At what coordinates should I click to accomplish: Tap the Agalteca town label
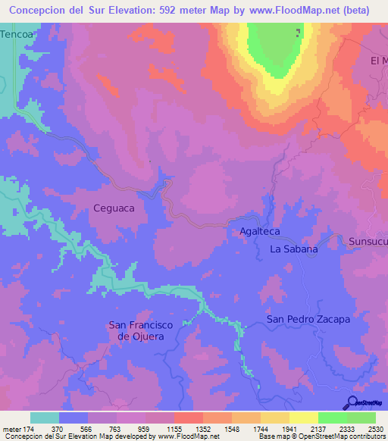[x=260, y=233]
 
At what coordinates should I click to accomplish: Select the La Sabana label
[x=294, y=249]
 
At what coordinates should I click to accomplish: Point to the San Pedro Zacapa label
[x=308, y=319]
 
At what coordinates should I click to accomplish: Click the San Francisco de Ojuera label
[x=141, y=330]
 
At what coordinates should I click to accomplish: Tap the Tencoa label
[x=17, y=35]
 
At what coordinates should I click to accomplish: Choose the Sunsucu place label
[x=368, y=242]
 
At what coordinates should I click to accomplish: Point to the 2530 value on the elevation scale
[x=375, y=428]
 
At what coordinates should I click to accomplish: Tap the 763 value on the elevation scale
[x=117, y=428]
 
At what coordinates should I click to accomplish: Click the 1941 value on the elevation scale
[x=289, y=428]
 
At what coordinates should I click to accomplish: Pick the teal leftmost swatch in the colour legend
[x=45, y=418]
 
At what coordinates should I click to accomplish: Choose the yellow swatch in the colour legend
[x=303, y=418]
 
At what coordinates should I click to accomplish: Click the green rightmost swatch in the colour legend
[x=361, y=418]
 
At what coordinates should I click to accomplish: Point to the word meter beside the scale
[x=12, y=428]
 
